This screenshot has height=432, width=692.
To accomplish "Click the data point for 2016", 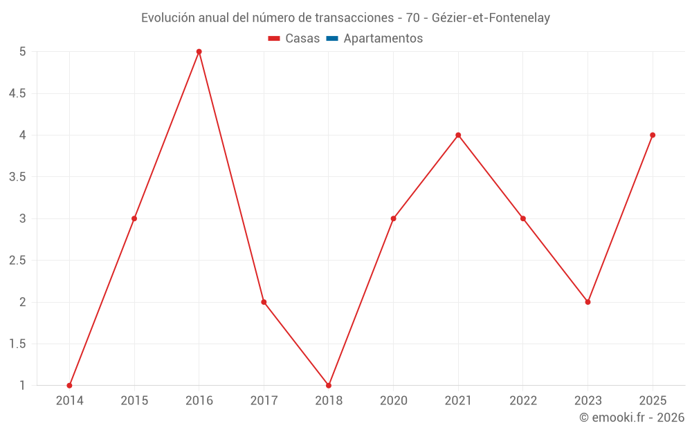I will pyautogui.click(x=199, y=52).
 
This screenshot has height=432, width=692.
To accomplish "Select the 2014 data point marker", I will pyautogui.click(x=69, y=385).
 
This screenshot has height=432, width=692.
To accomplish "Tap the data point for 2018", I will pyautogui.click(x=329, y=385).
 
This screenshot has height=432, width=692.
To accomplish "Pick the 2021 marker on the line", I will pyautogui.click(x=458, y=135).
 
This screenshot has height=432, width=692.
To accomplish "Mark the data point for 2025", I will pyautogui.click(x=653, y=135).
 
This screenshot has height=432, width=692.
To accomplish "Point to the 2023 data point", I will pyautogui.click(x=588, y=302).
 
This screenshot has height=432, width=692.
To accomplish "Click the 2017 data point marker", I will pyautogui.click(x=264, y=302).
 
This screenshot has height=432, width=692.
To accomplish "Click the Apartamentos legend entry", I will pyautogui.click(x=383, y=39).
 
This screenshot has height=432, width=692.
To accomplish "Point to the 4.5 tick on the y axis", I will pyautogui.click(x=17, y=93).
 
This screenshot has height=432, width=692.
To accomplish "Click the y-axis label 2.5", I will pyautogui.click(x=17, y=261).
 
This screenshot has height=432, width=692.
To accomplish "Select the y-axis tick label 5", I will pyautogui.click(x=23, y=52).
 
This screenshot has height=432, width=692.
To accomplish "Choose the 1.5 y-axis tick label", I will pyautogui.click(x=17, y=344).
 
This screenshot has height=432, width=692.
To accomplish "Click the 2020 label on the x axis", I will pyautogui.click(x=393, y=400).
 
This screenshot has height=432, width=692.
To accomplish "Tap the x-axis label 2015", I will pyautogui.click(x=134, y=400).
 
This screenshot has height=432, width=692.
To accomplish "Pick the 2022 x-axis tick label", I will pyautogui.click(x=523, y=400).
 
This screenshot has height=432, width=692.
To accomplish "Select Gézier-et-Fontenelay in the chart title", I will pyautogui.click(x=491, y=18).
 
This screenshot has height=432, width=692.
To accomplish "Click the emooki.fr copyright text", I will pyautogui.click(x=632, y=417).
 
